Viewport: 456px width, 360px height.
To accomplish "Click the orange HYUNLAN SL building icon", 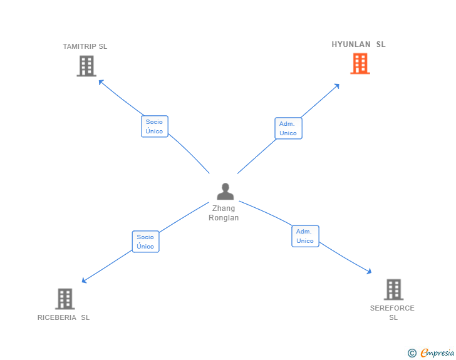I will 360,63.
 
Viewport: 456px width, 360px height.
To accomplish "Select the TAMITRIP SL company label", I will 85,46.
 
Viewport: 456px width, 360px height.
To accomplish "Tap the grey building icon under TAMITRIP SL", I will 86,66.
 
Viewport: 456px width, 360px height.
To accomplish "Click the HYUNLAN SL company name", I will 359,44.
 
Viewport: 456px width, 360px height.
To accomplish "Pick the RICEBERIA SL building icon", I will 65,299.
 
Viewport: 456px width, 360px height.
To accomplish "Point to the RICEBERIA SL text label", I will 64,317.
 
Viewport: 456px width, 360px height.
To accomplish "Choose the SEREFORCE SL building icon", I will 393,289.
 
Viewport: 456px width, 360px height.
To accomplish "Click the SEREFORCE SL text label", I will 393,312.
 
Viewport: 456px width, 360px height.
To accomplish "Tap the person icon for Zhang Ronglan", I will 225,192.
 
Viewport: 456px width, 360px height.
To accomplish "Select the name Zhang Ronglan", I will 224,213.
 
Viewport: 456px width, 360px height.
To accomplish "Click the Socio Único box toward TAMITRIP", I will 154,126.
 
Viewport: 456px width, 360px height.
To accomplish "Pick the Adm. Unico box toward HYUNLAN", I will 288,128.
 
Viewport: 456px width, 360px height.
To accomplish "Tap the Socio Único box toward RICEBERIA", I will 145,242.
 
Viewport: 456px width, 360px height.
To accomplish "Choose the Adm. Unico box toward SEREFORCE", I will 305,236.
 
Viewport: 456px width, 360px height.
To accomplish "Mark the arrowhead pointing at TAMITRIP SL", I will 101,81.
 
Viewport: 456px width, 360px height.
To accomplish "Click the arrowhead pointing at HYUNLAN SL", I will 337,86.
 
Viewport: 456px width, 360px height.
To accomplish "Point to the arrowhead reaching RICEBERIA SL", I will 84,281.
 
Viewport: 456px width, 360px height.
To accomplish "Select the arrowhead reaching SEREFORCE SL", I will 369,271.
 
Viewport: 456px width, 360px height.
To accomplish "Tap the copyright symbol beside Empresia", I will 412,353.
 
